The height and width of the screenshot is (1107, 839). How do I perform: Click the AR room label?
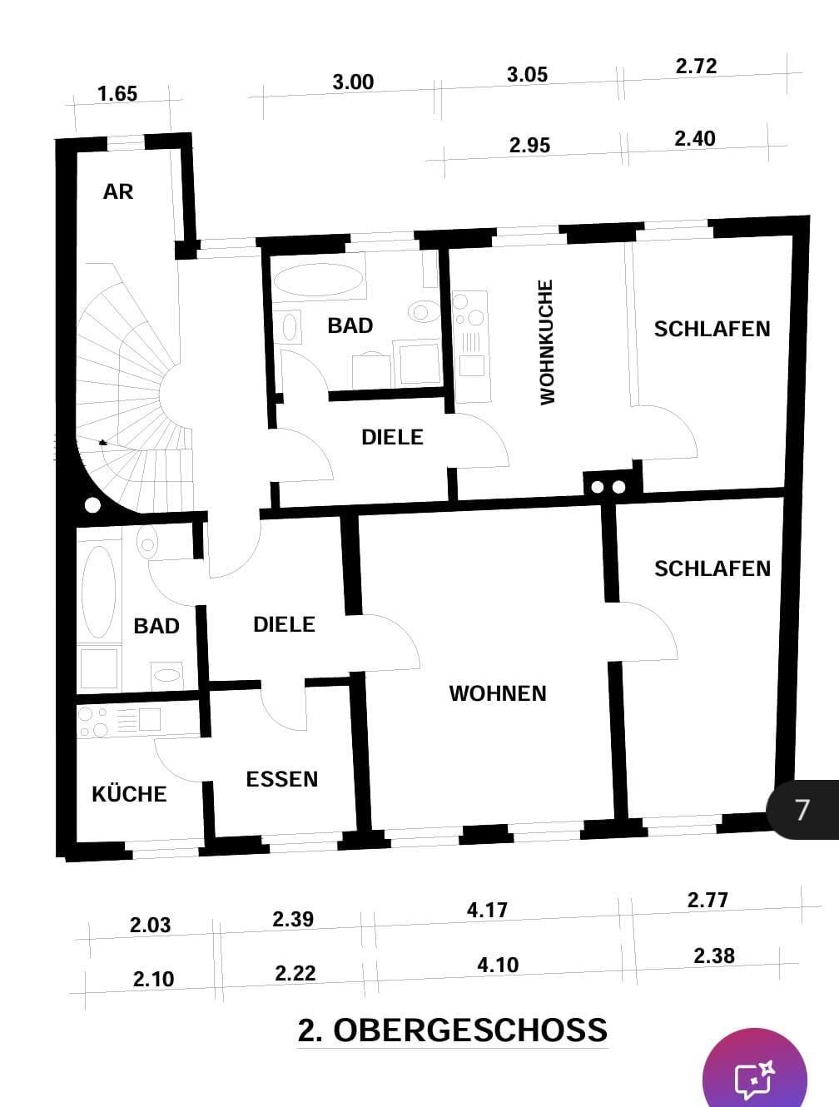(117, 191)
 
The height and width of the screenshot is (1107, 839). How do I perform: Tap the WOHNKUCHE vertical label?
(547, 342)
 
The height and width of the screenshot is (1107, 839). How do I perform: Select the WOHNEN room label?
(497, 693)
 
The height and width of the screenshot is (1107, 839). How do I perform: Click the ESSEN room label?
(281, 779)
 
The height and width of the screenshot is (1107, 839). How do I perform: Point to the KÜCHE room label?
(129, 794)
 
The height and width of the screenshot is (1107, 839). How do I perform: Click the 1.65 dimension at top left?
(117, 94)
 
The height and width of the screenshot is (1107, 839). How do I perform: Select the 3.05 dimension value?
(527, 75)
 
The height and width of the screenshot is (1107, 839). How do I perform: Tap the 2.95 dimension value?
(529, 146)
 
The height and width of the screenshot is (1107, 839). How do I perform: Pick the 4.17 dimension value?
(487, 910)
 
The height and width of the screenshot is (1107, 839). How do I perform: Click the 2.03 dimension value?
(150, 925)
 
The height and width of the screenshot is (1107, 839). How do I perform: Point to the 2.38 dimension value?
(713, 956)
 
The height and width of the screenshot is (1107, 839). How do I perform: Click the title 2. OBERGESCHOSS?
(453, 1030)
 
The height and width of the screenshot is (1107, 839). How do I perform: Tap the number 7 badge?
(802, 810)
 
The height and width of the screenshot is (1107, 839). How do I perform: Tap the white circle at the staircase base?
(92, 504)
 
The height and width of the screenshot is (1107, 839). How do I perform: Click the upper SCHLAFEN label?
(712, 330)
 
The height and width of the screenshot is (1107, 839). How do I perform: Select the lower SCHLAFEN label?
(712, 568)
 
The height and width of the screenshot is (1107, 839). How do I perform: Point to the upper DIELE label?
(392, 437)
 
